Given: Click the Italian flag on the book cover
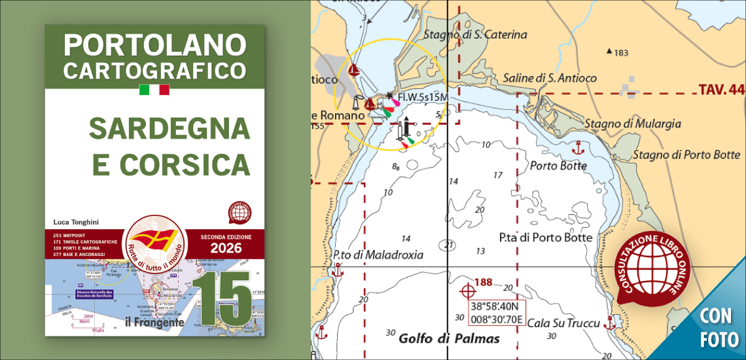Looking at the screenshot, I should pos(154,90).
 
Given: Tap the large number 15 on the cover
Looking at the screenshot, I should pos(226,298).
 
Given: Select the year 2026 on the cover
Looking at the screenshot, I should pos(226,248).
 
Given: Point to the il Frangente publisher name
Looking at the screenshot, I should pos(154,321).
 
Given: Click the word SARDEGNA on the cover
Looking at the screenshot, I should pos(169,128).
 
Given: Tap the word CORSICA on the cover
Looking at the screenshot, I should pos(171,164).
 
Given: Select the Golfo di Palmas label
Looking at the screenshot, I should pos(449,338).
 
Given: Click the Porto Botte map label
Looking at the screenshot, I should pos(558,166).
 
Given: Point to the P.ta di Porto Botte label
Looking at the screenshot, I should pos(545,238).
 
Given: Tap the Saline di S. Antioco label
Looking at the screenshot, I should pos(550,78).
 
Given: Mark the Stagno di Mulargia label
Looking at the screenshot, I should pos(632,123).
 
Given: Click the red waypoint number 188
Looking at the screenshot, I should pos(483,283).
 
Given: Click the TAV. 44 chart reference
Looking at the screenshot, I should pos(721,89).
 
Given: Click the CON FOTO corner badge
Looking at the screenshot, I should pos(719,327).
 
